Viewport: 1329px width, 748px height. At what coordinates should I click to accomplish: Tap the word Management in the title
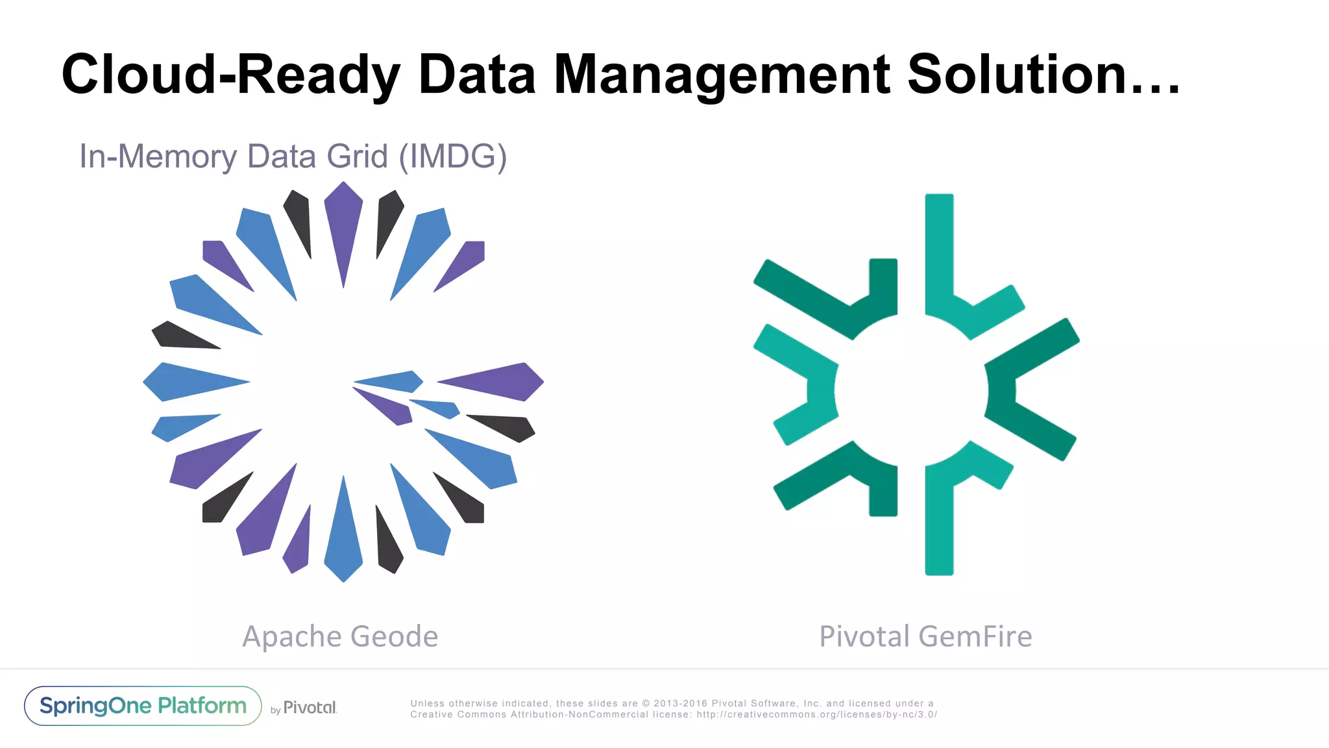pos(722,75)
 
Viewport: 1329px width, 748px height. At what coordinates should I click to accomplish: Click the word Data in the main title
pos(477,75)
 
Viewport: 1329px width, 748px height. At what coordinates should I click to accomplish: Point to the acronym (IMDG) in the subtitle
pos(452,156)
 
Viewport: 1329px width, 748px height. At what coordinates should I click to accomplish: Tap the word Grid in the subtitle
pos(357,156)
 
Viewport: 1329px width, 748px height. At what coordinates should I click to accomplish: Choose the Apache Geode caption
pos(340,636)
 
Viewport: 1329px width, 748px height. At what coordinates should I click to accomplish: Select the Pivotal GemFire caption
pos(925,636)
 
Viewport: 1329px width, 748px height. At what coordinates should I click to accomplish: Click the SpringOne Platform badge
pos(143,706)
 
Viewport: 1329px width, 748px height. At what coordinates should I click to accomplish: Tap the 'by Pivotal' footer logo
pos(304,708)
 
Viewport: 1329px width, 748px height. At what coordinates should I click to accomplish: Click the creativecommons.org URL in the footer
pos(816,715)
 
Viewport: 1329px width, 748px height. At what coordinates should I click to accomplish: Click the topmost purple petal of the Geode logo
pos(343,221)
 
